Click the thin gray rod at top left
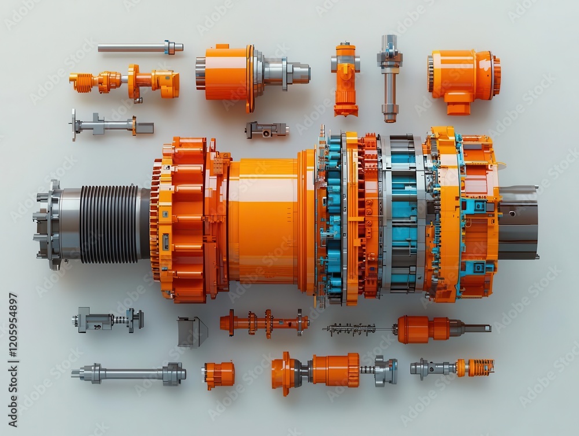[139, 48]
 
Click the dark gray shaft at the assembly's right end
[518, 222]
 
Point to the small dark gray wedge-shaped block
[192, 332]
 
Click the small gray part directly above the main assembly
[266, 130]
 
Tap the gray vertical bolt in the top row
[390, 78]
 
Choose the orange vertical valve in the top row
[346, 78]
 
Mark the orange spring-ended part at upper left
[124, 82]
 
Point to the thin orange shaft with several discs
[264, 323]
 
